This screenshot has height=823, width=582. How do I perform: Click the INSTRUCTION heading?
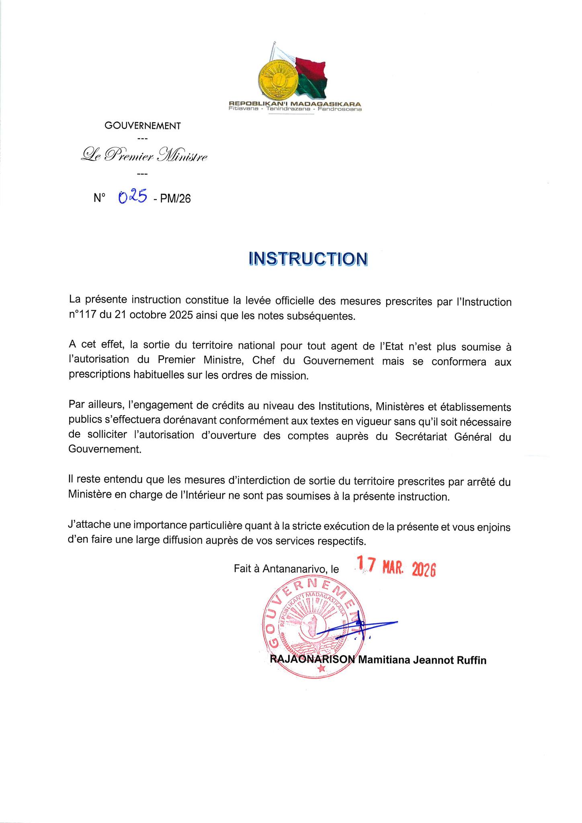(x=308, y=259)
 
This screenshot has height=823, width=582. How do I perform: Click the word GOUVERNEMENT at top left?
(x=143, y=126)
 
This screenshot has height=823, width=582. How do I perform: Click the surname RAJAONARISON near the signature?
(x=313, y=660)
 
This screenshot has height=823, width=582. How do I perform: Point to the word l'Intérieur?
(x=197, y=497)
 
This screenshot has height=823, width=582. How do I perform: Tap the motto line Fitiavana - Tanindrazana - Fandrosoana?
(x=295, y=109)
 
